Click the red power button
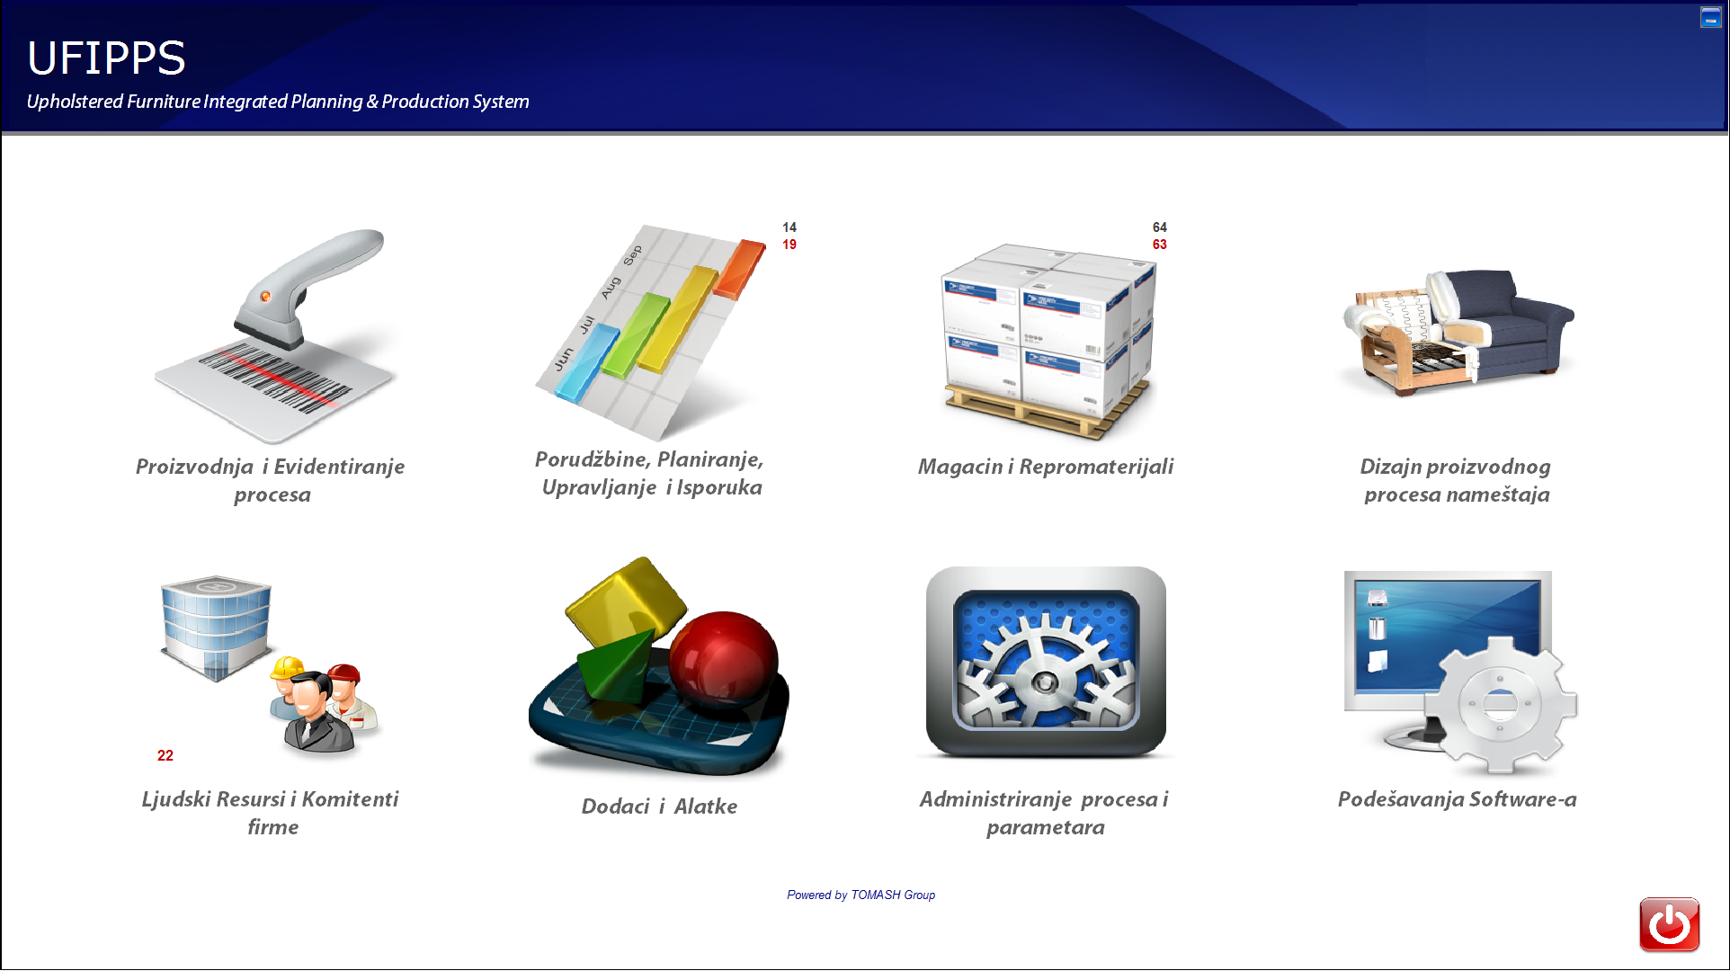pos(1669,924)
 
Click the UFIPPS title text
pos(106,58)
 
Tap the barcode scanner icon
pos(274,335)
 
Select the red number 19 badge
pos(789,245)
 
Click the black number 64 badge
pos(1160,227)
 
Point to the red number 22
pos(165,755)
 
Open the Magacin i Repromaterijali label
pos(1046,467)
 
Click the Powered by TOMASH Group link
pos(861,895)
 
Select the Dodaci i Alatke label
pos(659,806)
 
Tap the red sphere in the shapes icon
pos(723,655)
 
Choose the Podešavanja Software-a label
pos(1457,799)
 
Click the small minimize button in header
pos(1710,17)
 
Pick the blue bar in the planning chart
pos(587,362)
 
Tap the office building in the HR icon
pos(216,627)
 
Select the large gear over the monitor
pos(1500,704)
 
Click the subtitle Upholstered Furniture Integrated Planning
pos(278,102)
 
